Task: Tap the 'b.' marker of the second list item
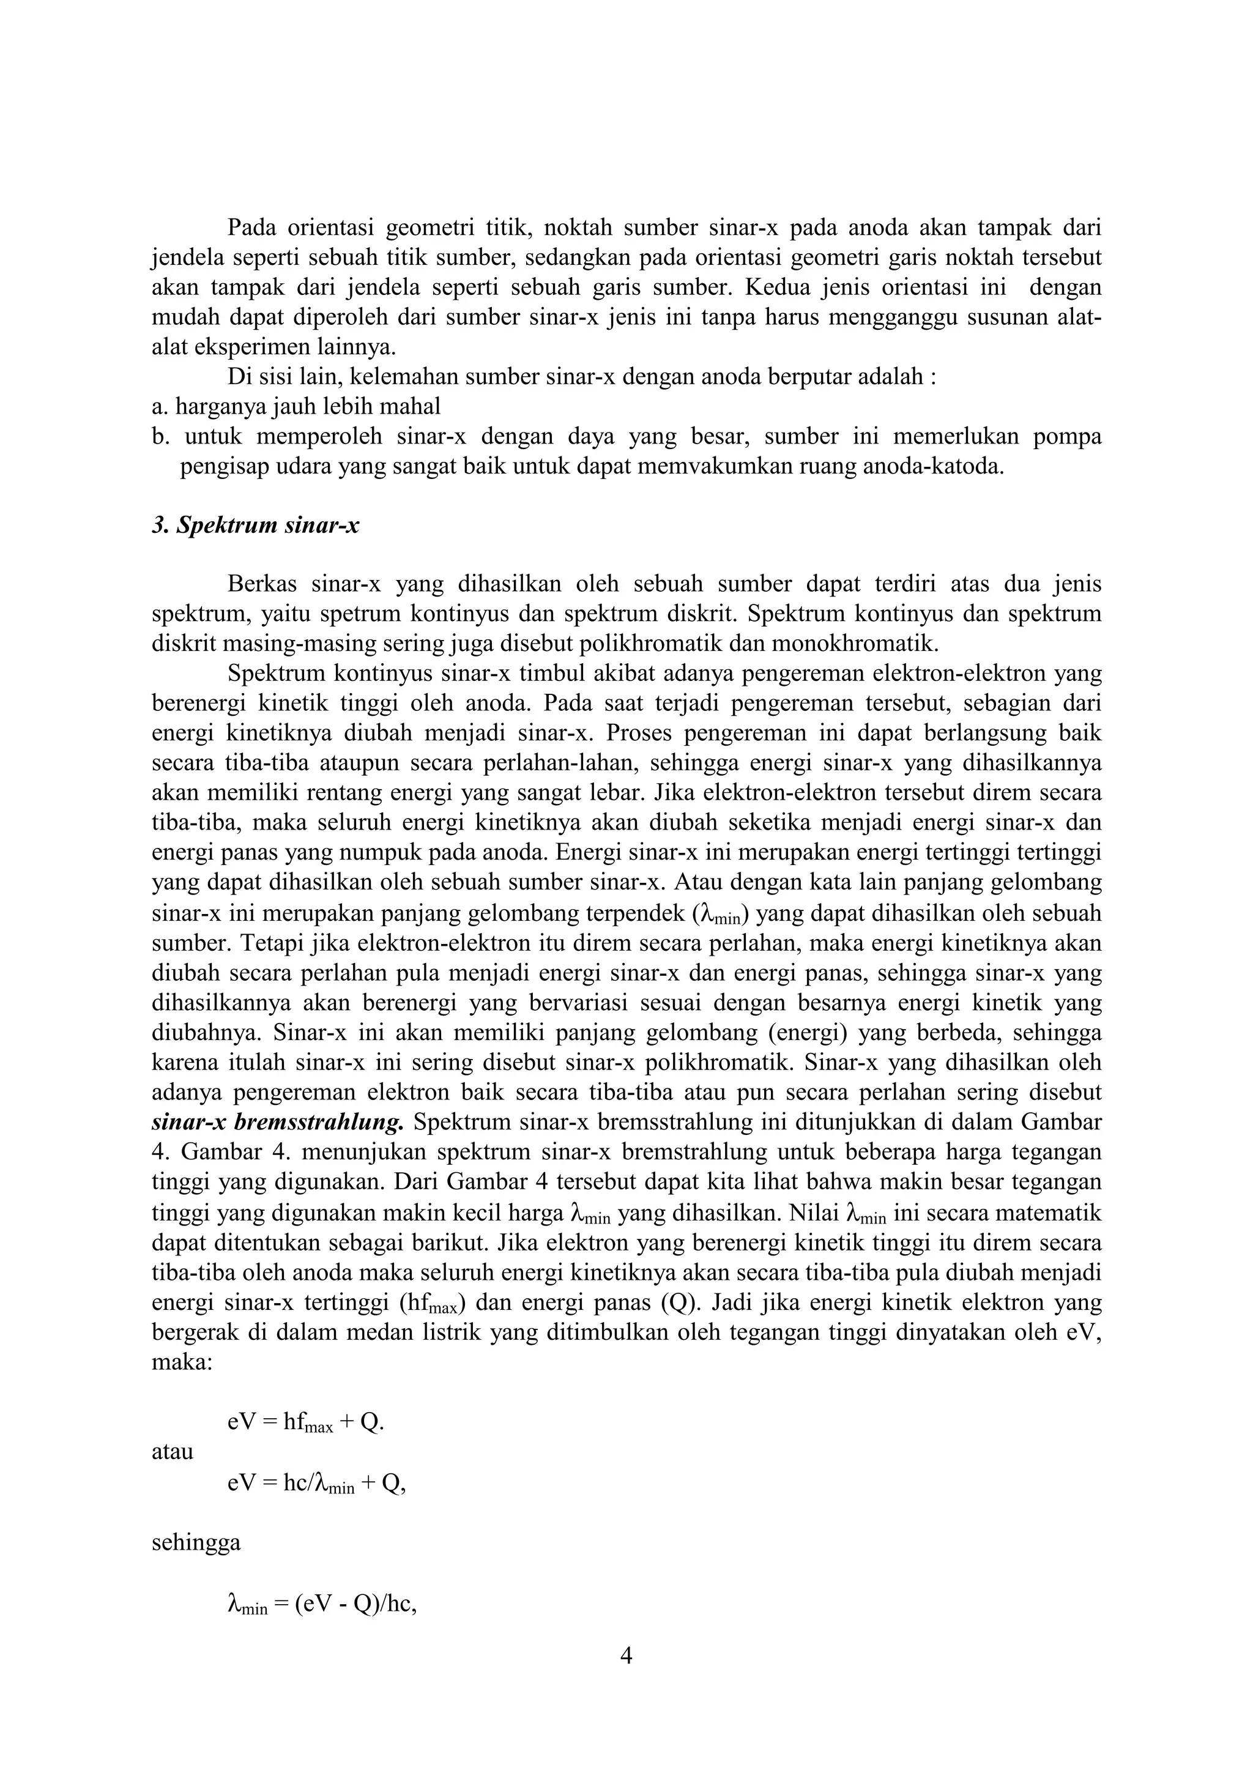(160, 437)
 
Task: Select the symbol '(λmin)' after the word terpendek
(719, 914)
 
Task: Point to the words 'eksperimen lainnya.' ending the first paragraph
(296, 348)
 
